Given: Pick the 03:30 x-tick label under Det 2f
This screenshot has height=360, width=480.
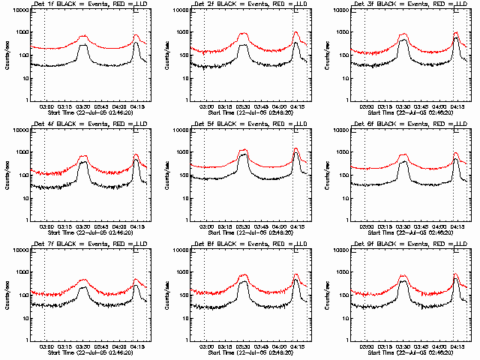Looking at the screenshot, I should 242,106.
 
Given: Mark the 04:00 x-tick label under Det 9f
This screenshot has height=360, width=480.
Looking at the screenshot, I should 439,346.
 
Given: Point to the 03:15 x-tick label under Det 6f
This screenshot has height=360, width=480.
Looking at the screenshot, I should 384,226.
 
